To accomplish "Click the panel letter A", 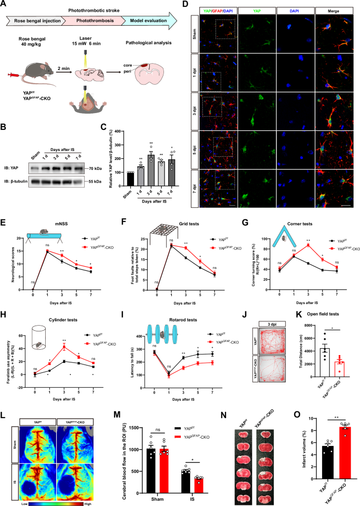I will pos(5,5).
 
